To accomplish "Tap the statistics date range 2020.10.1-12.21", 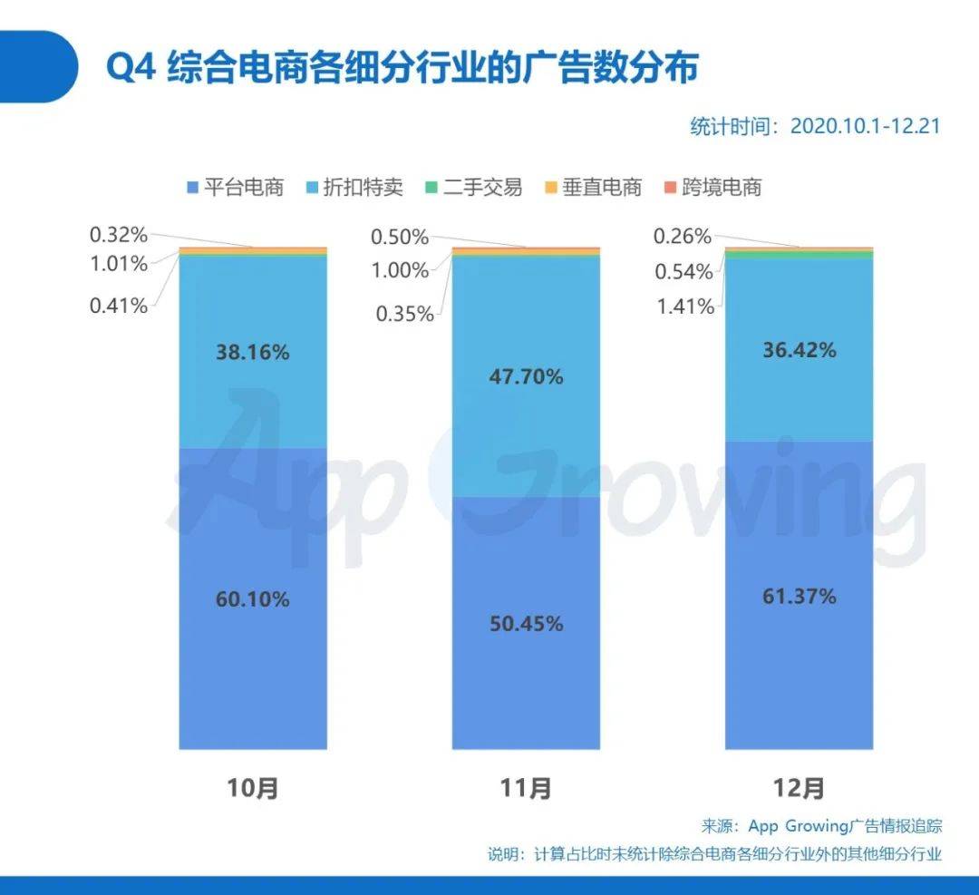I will coord(813,126).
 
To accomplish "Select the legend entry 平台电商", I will coord(235,188).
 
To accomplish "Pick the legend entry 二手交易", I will coord(474,188).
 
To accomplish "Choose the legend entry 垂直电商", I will coord(593,188).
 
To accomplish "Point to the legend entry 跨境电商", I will coord(712,188).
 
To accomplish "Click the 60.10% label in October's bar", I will coord(253,599).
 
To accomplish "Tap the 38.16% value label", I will coord(253,353).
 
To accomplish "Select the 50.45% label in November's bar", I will coord(527,624).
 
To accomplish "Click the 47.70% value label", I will coord(527,376).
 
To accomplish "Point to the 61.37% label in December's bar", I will coord(800,597).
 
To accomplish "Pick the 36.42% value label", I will coord(800,350).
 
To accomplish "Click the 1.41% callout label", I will coord(686,306).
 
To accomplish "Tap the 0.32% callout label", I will coord(118,236).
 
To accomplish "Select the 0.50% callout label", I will coord(400,238).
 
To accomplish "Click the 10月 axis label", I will coord(253,788).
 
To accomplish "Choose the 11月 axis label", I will coord(527,788).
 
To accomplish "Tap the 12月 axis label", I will coord(800,788).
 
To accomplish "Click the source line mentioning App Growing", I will coord(821,826).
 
